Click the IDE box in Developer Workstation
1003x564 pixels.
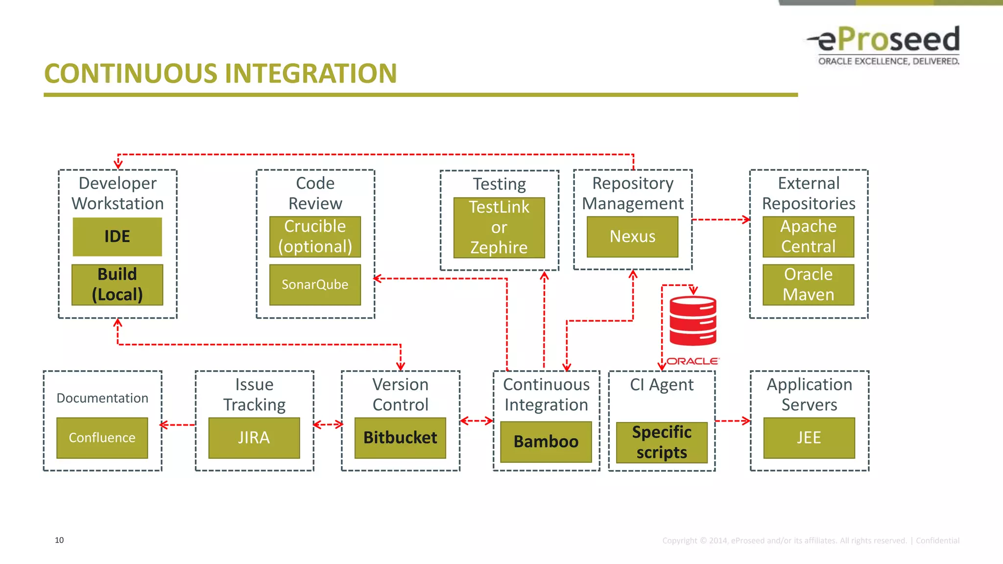pyautogui.click(x=117, y=236)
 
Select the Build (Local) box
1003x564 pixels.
pyautogui.click(x=117, y=284)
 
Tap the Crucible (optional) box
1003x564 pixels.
pyautogui.click(x=315, y=236)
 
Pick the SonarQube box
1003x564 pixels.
pyautogui.click(x=315, y=284)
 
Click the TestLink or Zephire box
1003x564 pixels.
pyautogui.click(x=499, y=228)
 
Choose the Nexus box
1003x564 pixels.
pyautogui.click(x=632, y=236)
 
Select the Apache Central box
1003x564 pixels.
pyautogui.click(x=808, y=236)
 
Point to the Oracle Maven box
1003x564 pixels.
pyautogui.click(x=808, y=284)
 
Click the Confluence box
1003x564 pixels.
pyautogui.click(x=102, y=438)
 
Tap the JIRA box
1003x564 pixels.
pyautogui.click(x=254, y=438)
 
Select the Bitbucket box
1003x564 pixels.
pyautogui.click(x=400, y=438)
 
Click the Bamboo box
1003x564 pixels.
pyautogui.click(x=546, y=442)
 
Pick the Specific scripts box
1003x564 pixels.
pyautogui.click(x=662, y=442)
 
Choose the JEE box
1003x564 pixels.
pyautogui.click(x=809, y=438)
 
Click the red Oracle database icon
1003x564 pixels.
pyautogui.click(x=693, y=321)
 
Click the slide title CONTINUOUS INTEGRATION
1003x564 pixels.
pyautogui.click(x=220, y=73)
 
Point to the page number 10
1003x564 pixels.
pyautogui.click(x=59, y=540)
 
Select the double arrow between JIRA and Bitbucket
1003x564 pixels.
pyautogui.click(x=328, y=424)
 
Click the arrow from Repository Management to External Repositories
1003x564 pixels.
pyautogui.click(x=720, y=220)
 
